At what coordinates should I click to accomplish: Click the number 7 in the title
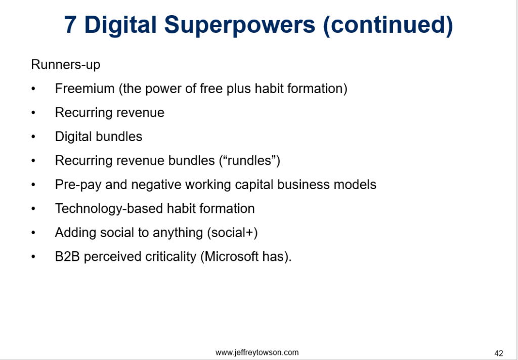(x=71, y=25)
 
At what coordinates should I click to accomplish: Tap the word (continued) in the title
(x=388, y=25)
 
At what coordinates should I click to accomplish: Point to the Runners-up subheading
(x=66, y=65)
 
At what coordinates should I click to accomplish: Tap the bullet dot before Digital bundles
(x=33, y=137)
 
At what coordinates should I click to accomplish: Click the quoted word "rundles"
(x=248, y=161)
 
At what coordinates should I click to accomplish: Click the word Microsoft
(x=234, y=256)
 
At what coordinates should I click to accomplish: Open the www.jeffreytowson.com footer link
(x=257, y=352)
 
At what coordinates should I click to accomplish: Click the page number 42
(x=498, y=353)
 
